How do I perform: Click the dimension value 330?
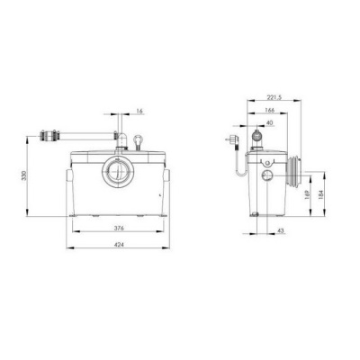coord(24,175)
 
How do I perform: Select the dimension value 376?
coord(119,228)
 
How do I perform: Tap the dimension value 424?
coord(119,245)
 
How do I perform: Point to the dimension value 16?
coord(139,112)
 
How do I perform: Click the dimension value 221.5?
coord(274,97)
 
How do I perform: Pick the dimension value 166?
coord(270,110)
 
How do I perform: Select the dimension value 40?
coord(270,122)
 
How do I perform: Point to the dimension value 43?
coord(281,230)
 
